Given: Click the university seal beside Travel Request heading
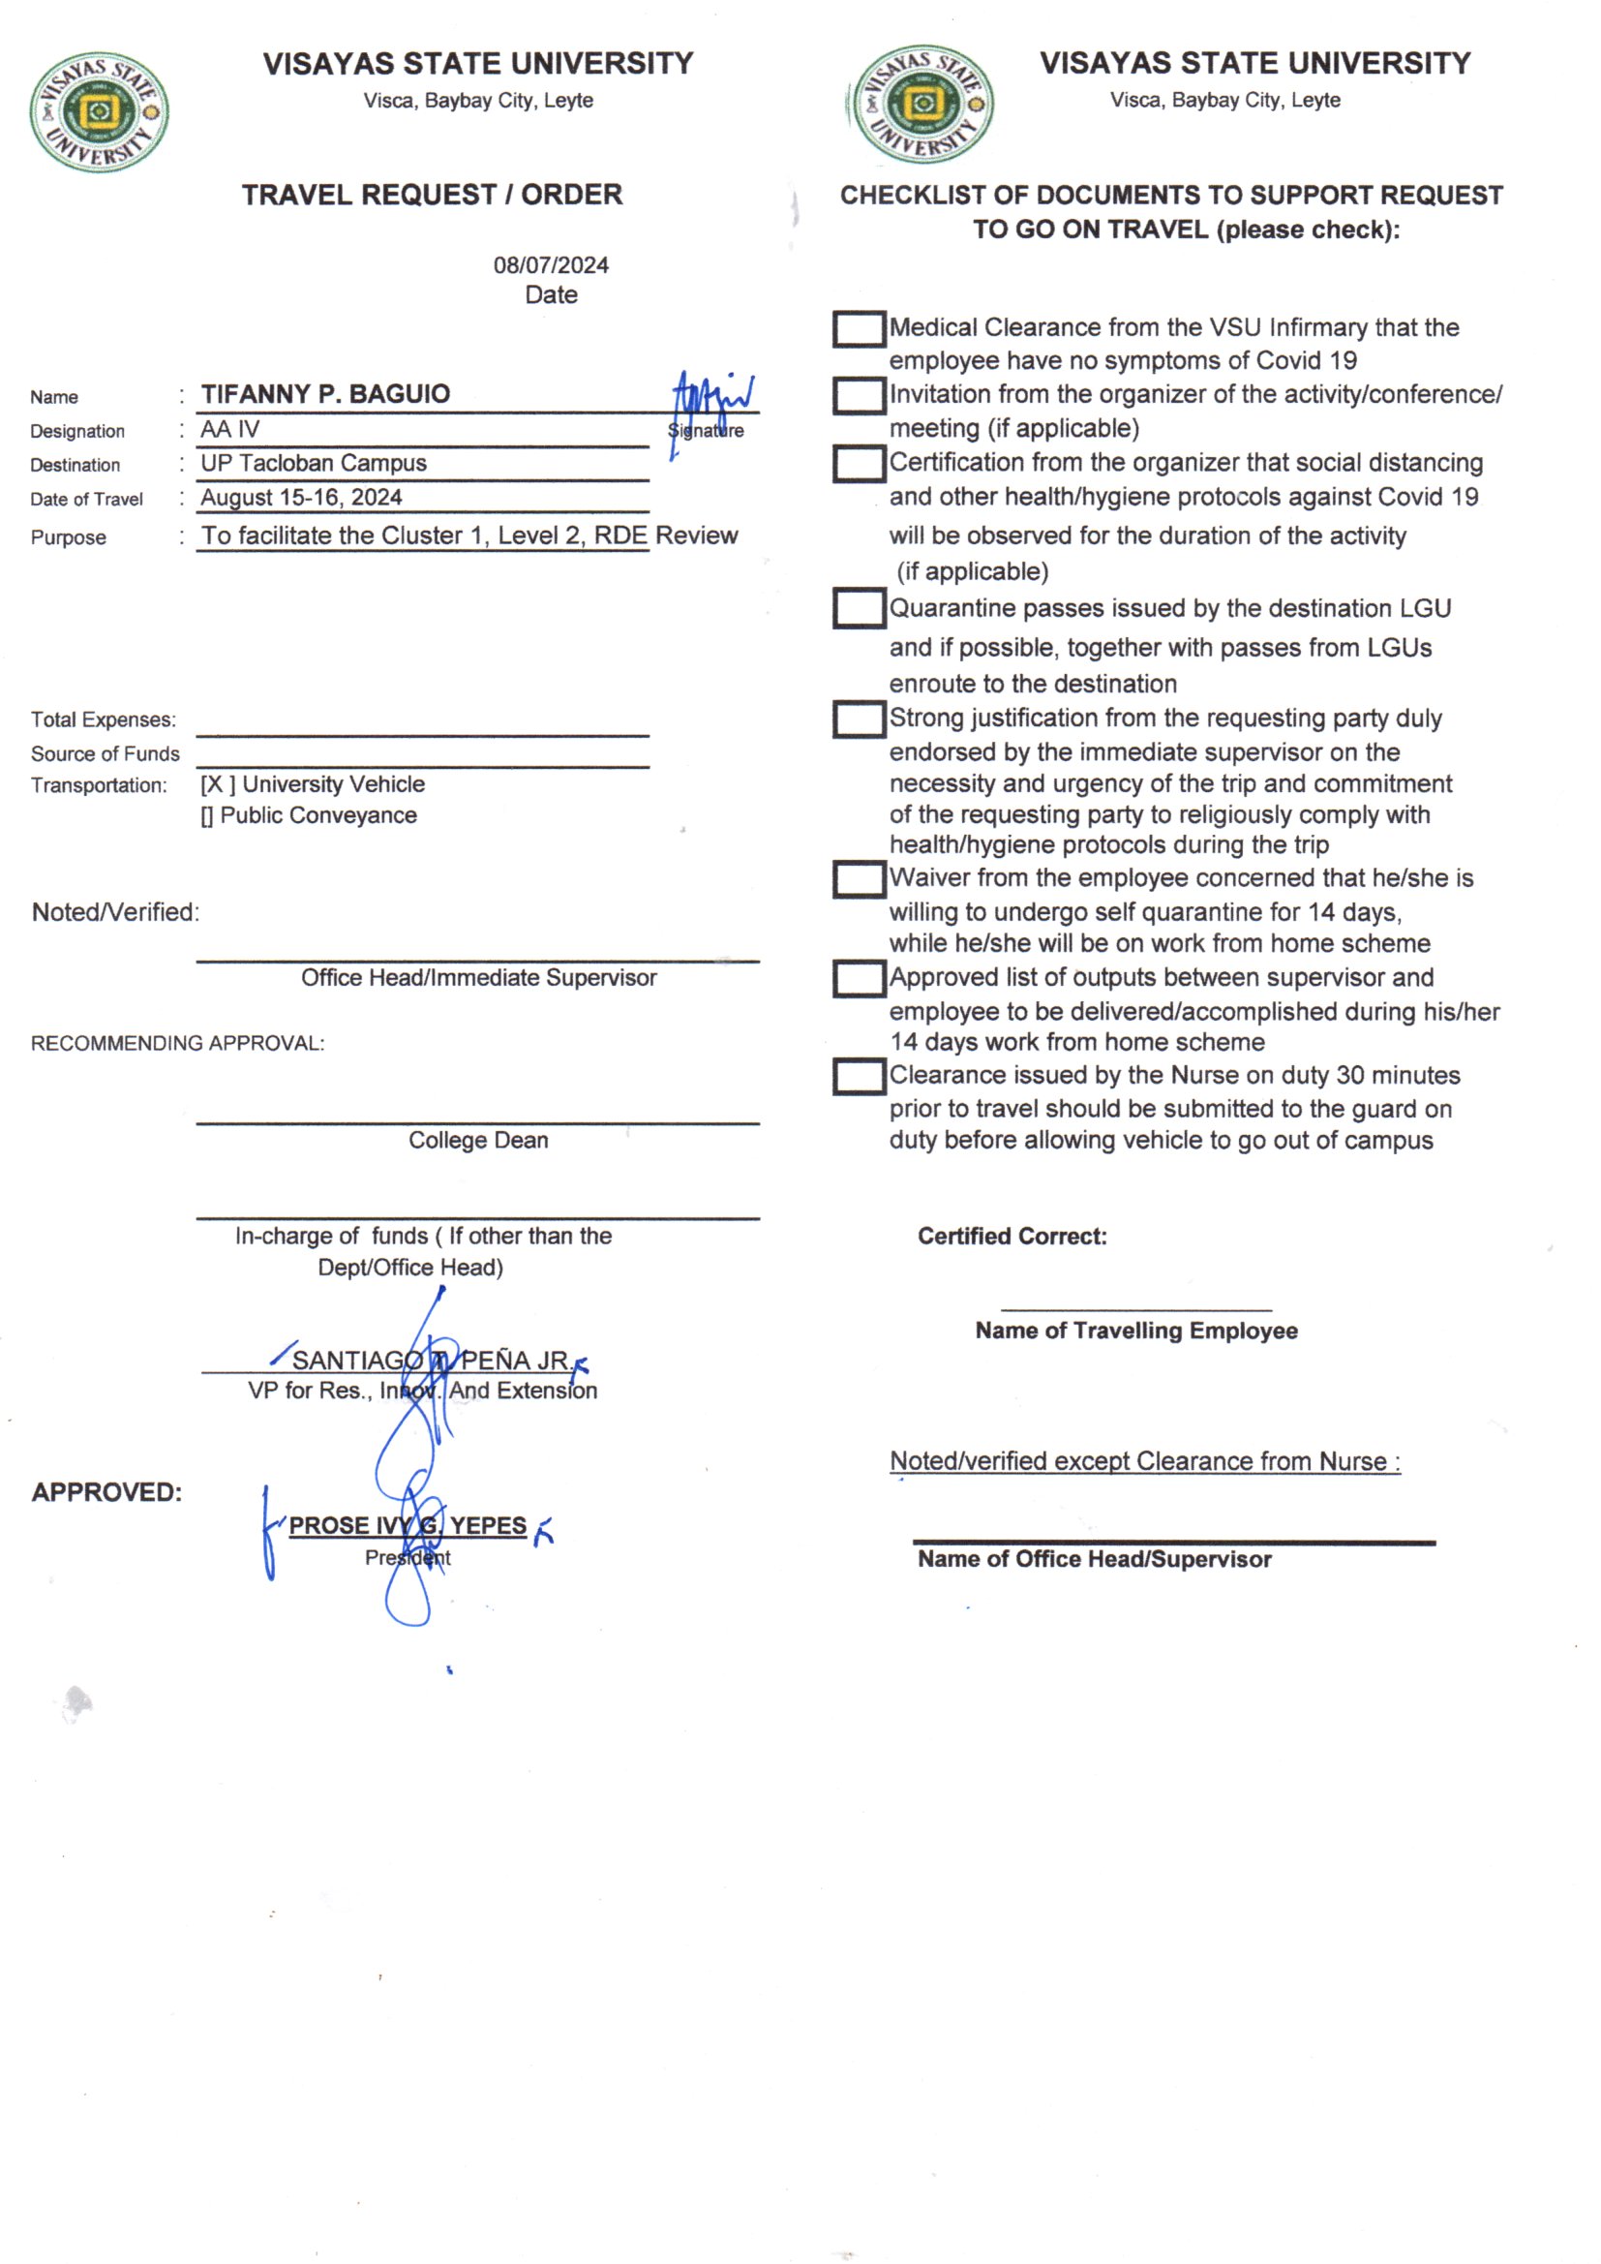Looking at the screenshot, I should tap(99, 111).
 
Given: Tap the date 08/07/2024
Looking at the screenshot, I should tap(551, 265).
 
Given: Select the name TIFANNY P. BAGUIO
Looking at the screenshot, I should tap(325, 394).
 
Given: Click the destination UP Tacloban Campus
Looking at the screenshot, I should tap(314, 464).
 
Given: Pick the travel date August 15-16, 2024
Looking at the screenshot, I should tap(302, 498).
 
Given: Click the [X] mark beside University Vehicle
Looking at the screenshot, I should tap(217, 785).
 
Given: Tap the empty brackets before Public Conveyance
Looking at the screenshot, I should tap(207, 816).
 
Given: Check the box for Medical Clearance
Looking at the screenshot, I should tap(859, 329).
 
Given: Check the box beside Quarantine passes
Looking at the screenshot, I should tap(859, 608).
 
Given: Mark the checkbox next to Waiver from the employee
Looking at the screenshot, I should tap(859, 879).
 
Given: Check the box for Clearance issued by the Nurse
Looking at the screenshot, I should tap(859, 1077).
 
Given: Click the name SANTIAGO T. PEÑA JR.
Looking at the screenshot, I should tap(430, 1361).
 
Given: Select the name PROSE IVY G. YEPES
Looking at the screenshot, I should tap(408, 1525).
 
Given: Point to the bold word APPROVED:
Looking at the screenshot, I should tap(106, 1493).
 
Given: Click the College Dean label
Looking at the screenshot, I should tap(478, 1141).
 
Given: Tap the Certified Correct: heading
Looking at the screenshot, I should tap(1012, 1237).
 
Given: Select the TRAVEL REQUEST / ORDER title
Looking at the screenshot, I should tap(432, 196).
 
